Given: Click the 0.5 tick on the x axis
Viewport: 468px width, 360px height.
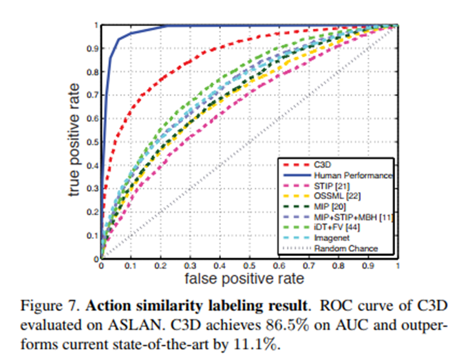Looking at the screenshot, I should point(250,265).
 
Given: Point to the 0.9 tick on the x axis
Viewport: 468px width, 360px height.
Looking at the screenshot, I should point(369,265).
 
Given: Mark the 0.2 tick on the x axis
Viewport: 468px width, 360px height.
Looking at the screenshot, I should point(160,265).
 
